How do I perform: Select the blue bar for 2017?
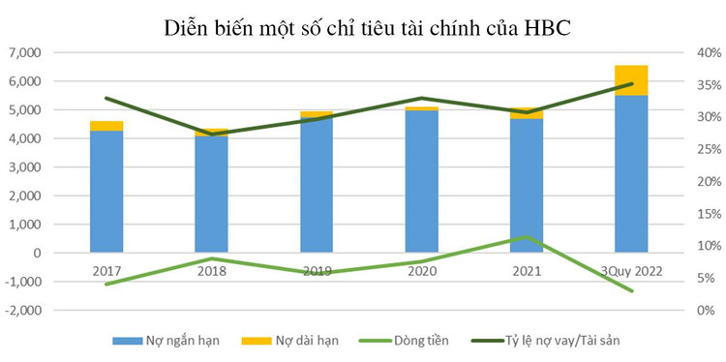(106, 192)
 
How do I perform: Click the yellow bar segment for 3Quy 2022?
(631, 80)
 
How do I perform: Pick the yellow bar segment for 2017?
(106, 126)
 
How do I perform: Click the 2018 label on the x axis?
(211, 272)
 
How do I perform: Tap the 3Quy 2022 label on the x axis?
(631, 272)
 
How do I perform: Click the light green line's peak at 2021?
(527, 237)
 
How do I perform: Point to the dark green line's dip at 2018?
(211, 134)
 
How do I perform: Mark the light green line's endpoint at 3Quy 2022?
(631, 291)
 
